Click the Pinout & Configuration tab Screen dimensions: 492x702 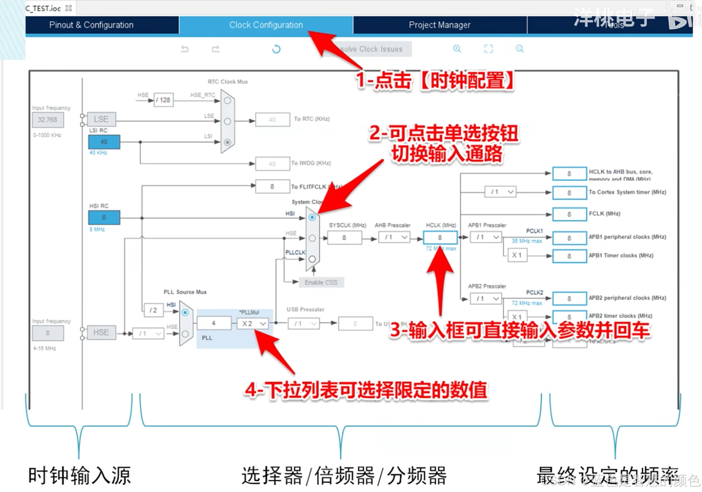click(x=91, y=25)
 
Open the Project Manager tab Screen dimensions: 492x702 click(x=439, y=25)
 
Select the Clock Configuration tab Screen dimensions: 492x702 click(x=266, y=25)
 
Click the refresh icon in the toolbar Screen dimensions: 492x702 click(x=276, y=49)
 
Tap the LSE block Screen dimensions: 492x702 click(x=101, y=119)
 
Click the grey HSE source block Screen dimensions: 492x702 click(x=101, y=332)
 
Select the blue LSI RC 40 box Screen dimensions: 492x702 click(x=104, y=142)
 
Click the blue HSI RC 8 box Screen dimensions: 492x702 click(x=104, y=218)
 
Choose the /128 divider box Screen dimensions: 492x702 click(x=163, y=100)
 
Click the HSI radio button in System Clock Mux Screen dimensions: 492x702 click(x=312, y=218)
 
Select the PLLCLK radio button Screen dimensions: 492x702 click(x=312, y=259)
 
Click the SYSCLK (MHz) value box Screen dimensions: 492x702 click(x=344, y=238)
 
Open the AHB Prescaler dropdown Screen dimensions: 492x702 click(x=394, y=237)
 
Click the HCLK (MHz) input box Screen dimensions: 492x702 click(x=440, y=238)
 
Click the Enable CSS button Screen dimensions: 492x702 click(x=321, y=282)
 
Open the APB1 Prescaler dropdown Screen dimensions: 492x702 click(x=486, y=237)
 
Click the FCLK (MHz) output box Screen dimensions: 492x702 click(x=569, y=214)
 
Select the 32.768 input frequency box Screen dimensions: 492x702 click(x=47, y=120)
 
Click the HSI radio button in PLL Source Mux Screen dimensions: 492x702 click(x=185, y=313)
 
